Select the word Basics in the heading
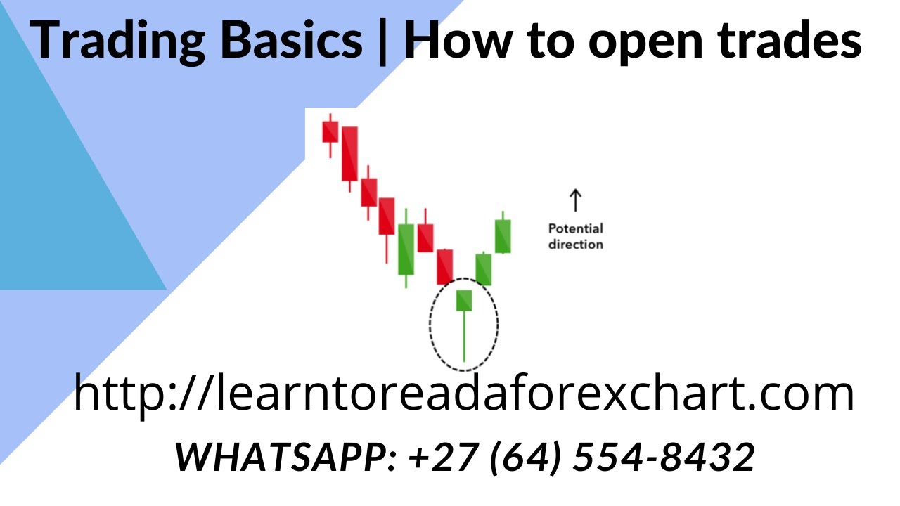coord(288,41)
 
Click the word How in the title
coord(458,41)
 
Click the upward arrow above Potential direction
coord(575,200)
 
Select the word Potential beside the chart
coord(575,228)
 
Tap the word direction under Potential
coord(575,245)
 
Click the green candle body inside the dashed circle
coord(464,300)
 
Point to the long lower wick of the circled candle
coord(464,337)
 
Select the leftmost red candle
coord(330,131)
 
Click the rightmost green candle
coord(503,236)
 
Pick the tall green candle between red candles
coord(406,249)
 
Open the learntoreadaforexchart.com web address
coord(464,394)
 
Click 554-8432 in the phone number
coord(664,458)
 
